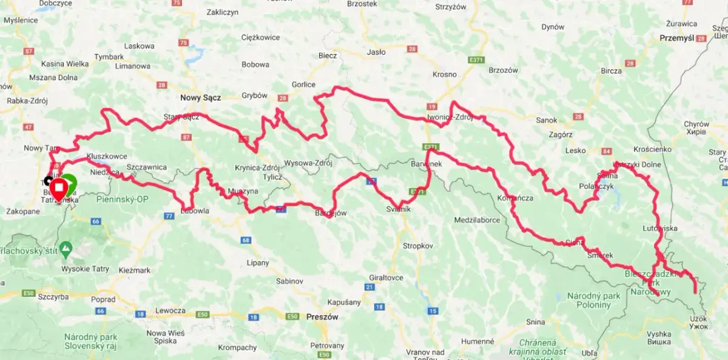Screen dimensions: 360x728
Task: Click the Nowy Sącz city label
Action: [x=201, y=97]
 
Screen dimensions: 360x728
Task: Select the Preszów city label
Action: [x=322, y=317]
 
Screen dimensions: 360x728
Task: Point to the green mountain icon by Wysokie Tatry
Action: [x=67, y=248]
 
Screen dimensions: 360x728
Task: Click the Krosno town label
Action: [x=445, y=74]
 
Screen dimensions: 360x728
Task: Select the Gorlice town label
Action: [x=303, y=84]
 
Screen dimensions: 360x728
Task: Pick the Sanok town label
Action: [x=547, y=120]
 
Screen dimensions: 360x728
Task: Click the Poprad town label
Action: [x=103, y=299]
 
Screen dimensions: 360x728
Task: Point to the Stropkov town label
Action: [x=418, y=246]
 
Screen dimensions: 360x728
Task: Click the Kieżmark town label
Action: [x=135, y=270]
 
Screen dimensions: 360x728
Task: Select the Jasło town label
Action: [x=376, y=52]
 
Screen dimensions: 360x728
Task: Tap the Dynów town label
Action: [x=553, y=27]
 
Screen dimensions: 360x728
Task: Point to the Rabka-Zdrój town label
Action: [x=24, y=101]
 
